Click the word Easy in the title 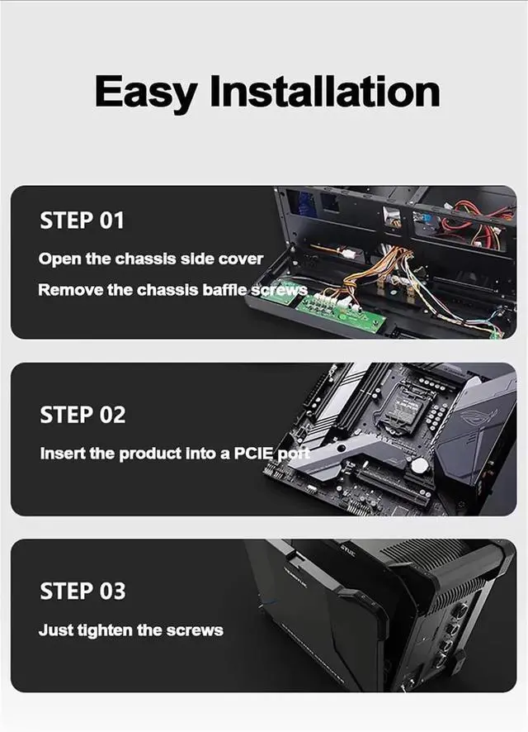[146, 92]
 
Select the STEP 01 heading [82, 221]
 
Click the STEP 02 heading [82, 415]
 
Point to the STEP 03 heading [82, 591]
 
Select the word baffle [224, 290]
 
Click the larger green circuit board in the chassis [341, 311]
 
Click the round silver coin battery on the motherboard [419, 465]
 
